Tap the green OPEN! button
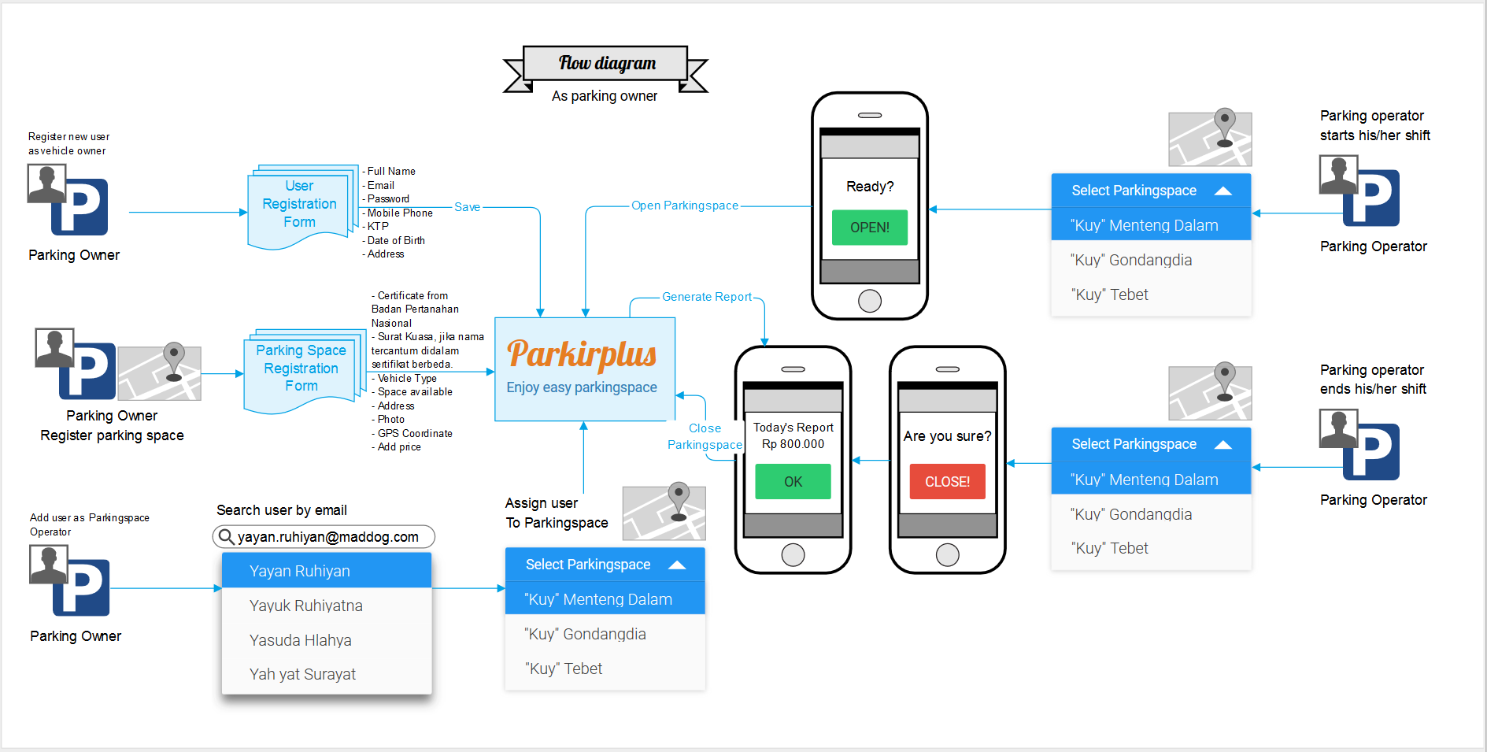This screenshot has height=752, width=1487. (x=869, y=228)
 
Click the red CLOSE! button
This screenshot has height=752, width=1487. (x=947, y=482)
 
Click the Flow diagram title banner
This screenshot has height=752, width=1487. (x=606, y=63)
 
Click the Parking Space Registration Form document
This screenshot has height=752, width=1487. (x=301, y=369)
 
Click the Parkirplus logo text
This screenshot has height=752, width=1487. (x=582, y=354)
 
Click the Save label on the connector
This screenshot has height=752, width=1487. (x=467, y=207)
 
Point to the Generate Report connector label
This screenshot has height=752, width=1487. (x=706, y=297)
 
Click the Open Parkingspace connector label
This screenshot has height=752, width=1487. (x=685, y=206)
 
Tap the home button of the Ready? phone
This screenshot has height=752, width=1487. (x=869, y=301)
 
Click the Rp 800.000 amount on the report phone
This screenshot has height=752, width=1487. (x=793, y=444)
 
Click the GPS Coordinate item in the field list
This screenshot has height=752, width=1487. (x=415, y=434)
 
